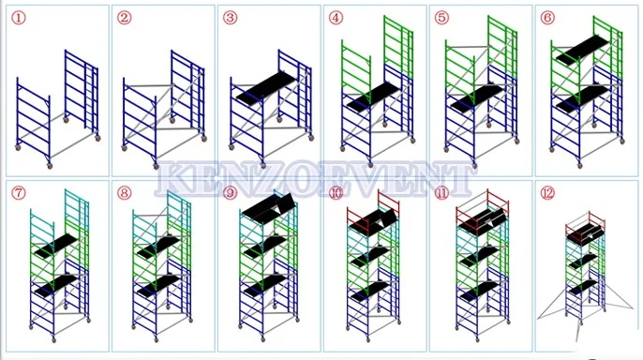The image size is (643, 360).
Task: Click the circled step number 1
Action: tap(18, 18)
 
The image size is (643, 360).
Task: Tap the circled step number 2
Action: tap(125, 18)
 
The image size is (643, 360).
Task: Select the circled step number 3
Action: tap(231, 18)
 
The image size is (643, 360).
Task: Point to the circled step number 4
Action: tap(336, 18)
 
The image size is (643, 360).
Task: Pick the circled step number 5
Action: tap(442, 18)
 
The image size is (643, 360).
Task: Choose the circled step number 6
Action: tap(548, 18)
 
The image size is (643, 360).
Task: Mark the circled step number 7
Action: tap(18, 194)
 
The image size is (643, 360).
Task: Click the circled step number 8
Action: tap(125, 194)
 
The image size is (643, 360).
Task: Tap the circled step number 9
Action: tap(231, 194)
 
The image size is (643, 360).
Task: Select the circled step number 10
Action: tap(336, 194)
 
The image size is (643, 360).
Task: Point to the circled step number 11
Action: tap(442, 194)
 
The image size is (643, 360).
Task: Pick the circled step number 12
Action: tap(548, 194)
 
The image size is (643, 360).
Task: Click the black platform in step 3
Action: tap(267, 89)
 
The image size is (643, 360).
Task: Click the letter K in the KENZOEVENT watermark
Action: tap(172, 179)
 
